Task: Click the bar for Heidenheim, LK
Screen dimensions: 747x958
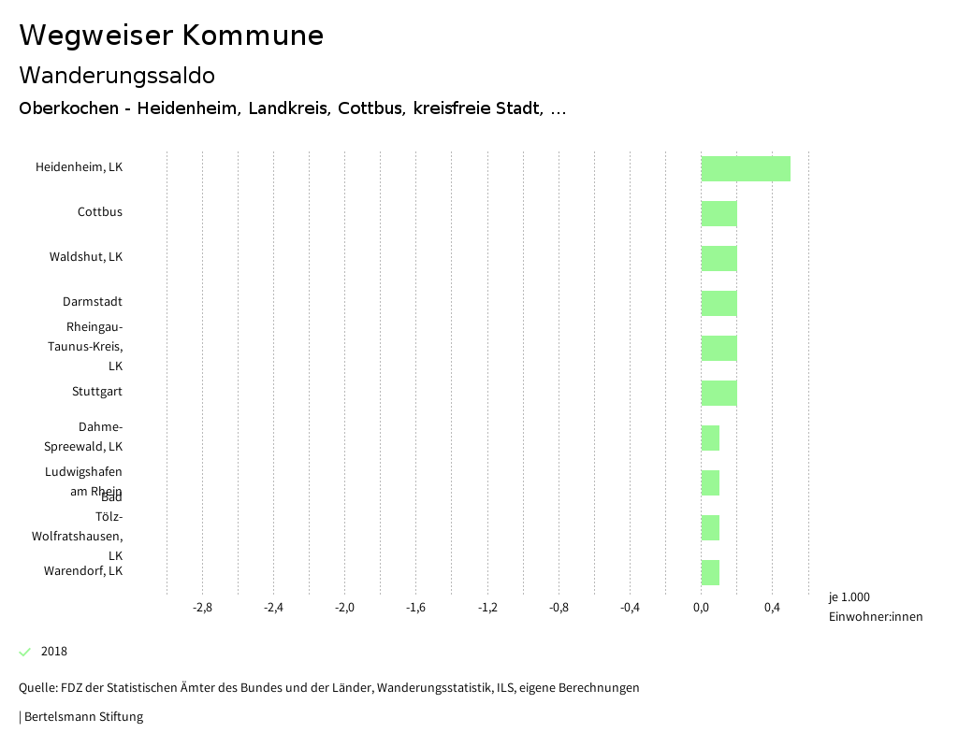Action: click(x=746, y=168)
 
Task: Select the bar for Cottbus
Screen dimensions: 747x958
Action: click(x=718, y=213)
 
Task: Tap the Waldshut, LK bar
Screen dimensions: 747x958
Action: click(x=718, y=258)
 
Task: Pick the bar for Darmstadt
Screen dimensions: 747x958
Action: click(x=718, y=303)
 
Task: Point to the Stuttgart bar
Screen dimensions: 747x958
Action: click(x=718, y=393)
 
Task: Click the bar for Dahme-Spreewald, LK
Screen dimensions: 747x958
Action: click(x=710, y=438)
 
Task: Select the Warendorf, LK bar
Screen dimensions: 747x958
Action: click(x=710, y=572)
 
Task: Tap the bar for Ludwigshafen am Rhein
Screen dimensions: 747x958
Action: click(x=710, y=482)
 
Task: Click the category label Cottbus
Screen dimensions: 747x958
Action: click(x=99, y=212)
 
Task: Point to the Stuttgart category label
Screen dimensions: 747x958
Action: click(x=96, y=392)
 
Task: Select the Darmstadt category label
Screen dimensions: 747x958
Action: click(x=92, y=302)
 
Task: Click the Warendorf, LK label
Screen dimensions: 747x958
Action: click(x=82, y=570)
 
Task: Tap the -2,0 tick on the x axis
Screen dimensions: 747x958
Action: click(x=344, y=608)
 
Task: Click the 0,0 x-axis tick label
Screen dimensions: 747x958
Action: click(x=701, y=608)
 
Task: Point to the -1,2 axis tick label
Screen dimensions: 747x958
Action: click(x=487, y=608)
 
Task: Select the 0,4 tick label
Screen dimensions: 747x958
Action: click(x=772, y=608)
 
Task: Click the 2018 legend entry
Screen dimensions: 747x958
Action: click(x=53, y=652)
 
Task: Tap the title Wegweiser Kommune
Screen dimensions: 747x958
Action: click(x=171, y=36)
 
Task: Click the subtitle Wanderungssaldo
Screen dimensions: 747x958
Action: click(x=117, y=75)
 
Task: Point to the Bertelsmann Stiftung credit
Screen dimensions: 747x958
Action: click(x=82, y=717)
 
